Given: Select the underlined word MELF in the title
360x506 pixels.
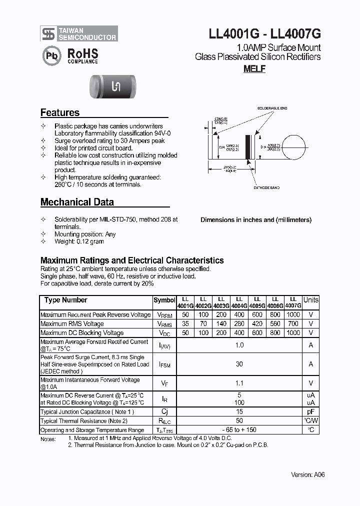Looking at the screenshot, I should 254,69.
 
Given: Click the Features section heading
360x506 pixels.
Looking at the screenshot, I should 60,113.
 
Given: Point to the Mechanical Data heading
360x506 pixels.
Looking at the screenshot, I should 77,202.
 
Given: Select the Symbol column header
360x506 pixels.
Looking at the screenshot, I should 164,300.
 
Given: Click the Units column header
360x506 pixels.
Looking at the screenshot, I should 310,300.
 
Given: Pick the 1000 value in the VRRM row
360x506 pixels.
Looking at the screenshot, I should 293,315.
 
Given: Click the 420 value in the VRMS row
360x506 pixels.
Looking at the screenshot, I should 257,324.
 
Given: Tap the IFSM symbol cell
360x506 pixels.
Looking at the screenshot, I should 164,365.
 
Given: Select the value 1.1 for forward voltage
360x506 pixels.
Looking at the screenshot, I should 239,383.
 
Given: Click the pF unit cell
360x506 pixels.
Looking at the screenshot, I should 310,411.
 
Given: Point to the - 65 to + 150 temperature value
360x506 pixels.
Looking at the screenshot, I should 239,430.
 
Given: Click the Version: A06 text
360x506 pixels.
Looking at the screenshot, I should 308,475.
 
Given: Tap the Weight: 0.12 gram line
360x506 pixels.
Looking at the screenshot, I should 79,241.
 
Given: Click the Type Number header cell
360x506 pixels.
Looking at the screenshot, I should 65,300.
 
